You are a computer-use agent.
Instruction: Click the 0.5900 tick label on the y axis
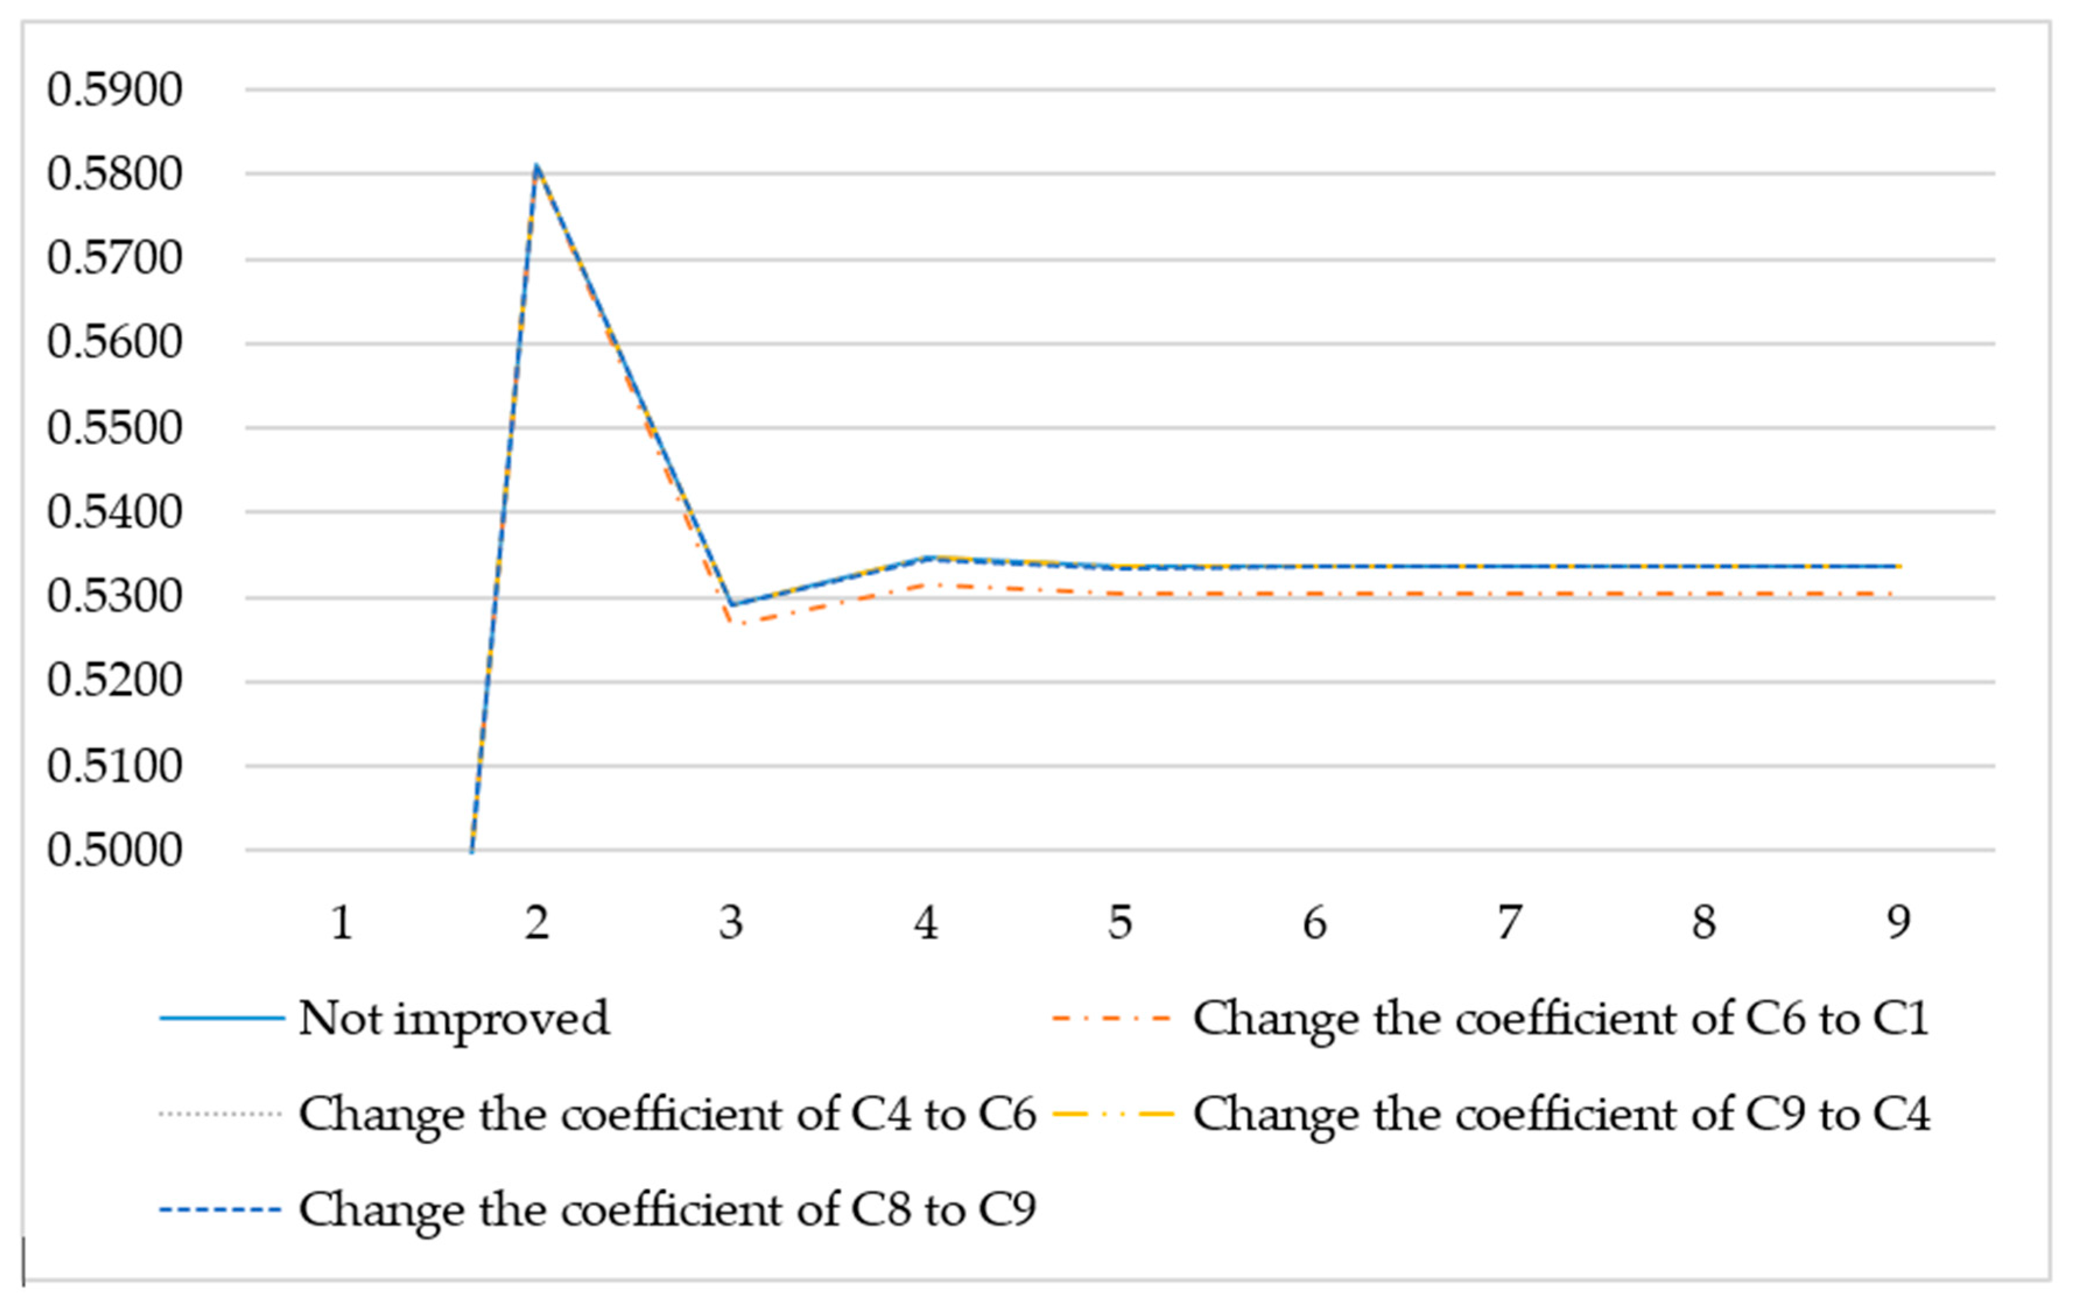pyautogui.click(x=114, y=90)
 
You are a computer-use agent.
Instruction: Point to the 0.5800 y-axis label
pyautogui.click(x=114, y=174)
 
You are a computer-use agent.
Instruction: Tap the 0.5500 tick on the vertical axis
pyautogui.click(x=114, y=428)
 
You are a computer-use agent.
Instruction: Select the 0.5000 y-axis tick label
pyautogui.click(x=114, y=850)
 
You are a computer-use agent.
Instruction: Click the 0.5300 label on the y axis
pyautogui.click(x=114, y=597)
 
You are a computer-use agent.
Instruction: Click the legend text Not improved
pyautogui.click(x=453, y=1018)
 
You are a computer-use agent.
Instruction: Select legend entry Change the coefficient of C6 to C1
pyautogui.click(x=1560, y=1018)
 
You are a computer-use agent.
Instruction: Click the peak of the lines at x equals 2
pyautogui.click(x=536, y=165)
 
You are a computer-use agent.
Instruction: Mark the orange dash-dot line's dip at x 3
pyautogui.click(x=731, y=622)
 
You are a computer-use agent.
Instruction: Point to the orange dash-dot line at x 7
pyautogui.click(x=1509, y=594)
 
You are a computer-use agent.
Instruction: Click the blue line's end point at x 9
pyautogui.click(x=1898, y=566)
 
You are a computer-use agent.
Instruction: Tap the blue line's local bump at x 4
pyautogui.click(x=925, y=558)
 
